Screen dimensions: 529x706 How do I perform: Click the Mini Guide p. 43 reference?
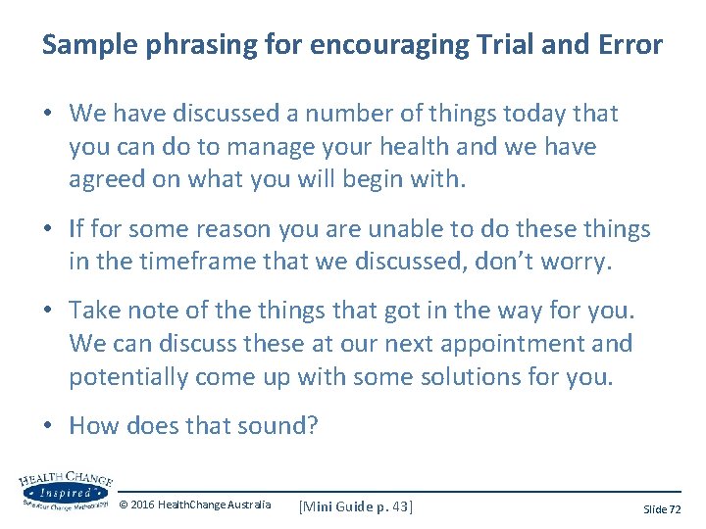pyautogui.click(x=356, y=506)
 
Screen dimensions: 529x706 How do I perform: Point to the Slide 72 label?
pyautogui.click(x=662, y=509)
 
